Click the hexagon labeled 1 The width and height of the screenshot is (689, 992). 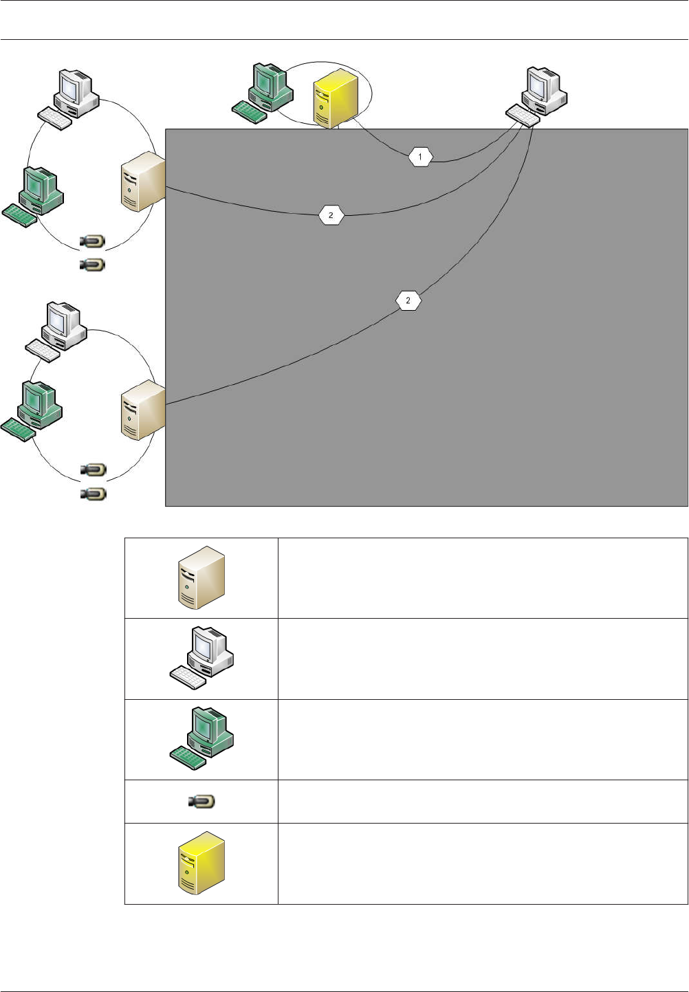tap(420, 157)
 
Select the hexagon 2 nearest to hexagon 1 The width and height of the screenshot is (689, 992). tap(331, 215)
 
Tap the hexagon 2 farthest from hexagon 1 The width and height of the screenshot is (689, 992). tap(408, 300)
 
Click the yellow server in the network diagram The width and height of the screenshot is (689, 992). tap(335, 100)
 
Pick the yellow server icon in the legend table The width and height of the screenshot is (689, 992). tap(201, 863)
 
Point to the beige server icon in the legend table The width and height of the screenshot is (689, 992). tap(201, 577)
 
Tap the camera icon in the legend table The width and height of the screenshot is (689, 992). tap(201, 802)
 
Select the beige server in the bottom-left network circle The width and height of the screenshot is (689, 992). tap(142, 410)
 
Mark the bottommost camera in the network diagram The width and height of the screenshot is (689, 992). tap(93, 494)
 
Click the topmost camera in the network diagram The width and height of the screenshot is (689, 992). tap(92, 241)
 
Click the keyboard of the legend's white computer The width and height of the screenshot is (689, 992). tap(188, 677)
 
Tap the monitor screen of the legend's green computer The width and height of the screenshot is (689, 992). tap(206, 724)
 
